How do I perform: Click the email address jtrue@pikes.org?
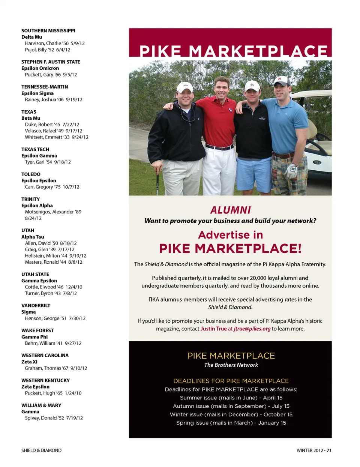tap(252, 329)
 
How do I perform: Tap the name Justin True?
tap(213, 329)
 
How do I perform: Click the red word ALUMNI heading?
tap(230, 210)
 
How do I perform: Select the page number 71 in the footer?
tap(329, 450)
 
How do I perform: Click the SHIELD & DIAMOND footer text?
tap(41, 450)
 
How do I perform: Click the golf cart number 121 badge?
tap(317, 162)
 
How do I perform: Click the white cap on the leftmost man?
tap(185, 87)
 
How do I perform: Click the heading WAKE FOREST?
tap(37, 330)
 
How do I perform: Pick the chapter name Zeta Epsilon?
tap(35, 387)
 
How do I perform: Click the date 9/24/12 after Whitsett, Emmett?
tap(80, 137)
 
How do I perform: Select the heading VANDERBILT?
tap(36, 306)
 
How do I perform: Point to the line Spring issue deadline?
tap(231, 423)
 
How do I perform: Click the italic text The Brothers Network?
tap(231, 365)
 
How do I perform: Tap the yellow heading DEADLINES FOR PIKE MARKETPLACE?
tap(231, 381)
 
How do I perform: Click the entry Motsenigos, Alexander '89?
tap(53, 212)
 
